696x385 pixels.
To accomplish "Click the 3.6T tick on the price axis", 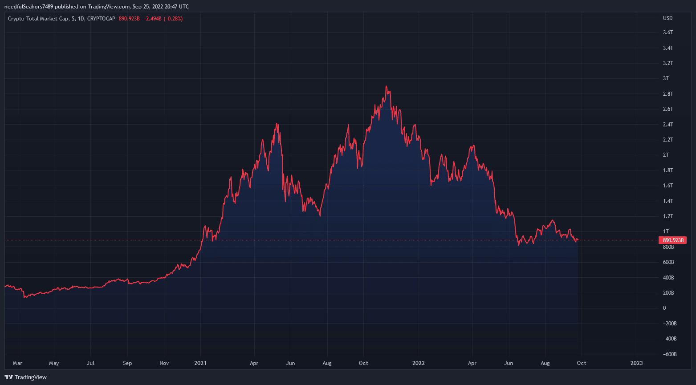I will coord(668,32).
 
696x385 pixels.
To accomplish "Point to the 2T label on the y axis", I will coord(666,155).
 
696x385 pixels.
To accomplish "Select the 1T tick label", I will coord(666,231).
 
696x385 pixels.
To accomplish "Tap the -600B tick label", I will coord(670,354).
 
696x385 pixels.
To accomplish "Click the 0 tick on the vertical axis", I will coord(664,308).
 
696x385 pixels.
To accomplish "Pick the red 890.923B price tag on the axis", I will coord(672,240).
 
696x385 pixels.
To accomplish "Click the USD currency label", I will coord(668,18).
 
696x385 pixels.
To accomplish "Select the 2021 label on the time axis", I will coord(200,363).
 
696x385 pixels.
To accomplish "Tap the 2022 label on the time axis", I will coord(419,363).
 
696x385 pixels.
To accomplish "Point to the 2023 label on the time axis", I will coord(637,363).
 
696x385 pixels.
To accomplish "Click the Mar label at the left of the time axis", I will coord(17,363).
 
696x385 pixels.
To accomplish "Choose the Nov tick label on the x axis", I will coord(164,363).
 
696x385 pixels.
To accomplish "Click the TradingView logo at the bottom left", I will coord(25,377).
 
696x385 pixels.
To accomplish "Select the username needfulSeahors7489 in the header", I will coord(28,7).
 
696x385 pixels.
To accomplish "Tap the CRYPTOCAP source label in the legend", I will coord(101,19).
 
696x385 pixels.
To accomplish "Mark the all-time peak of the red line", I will coord(386,86).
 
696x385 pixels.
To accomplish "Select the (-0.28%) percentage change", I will coord(173,19).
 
